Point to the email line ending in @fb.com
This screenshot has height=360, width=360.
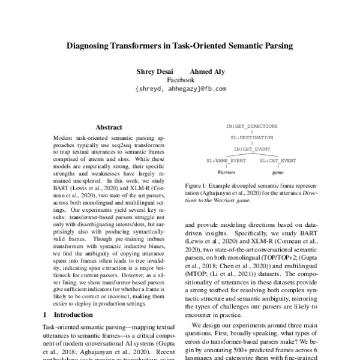181,88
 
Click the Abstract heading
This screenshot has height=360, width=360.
109,127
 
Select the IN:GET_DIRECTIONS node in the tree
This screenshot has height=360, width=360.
251,127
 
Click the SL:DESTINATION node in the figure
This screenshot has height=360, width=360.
251,137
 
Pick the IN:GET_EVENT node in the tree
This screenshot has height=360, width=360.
251,148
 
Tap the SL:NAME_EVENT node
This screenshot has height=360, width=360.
226,161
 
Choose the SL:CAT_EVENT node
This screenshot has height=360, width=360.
278,161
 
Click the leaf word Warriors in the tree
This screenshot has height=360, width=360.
226,172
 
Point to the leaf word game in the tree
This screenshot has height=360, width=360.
278,172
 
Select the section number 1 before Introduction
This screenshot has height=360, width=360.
45,314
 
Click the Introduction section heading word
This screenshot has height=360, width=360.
74,314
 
